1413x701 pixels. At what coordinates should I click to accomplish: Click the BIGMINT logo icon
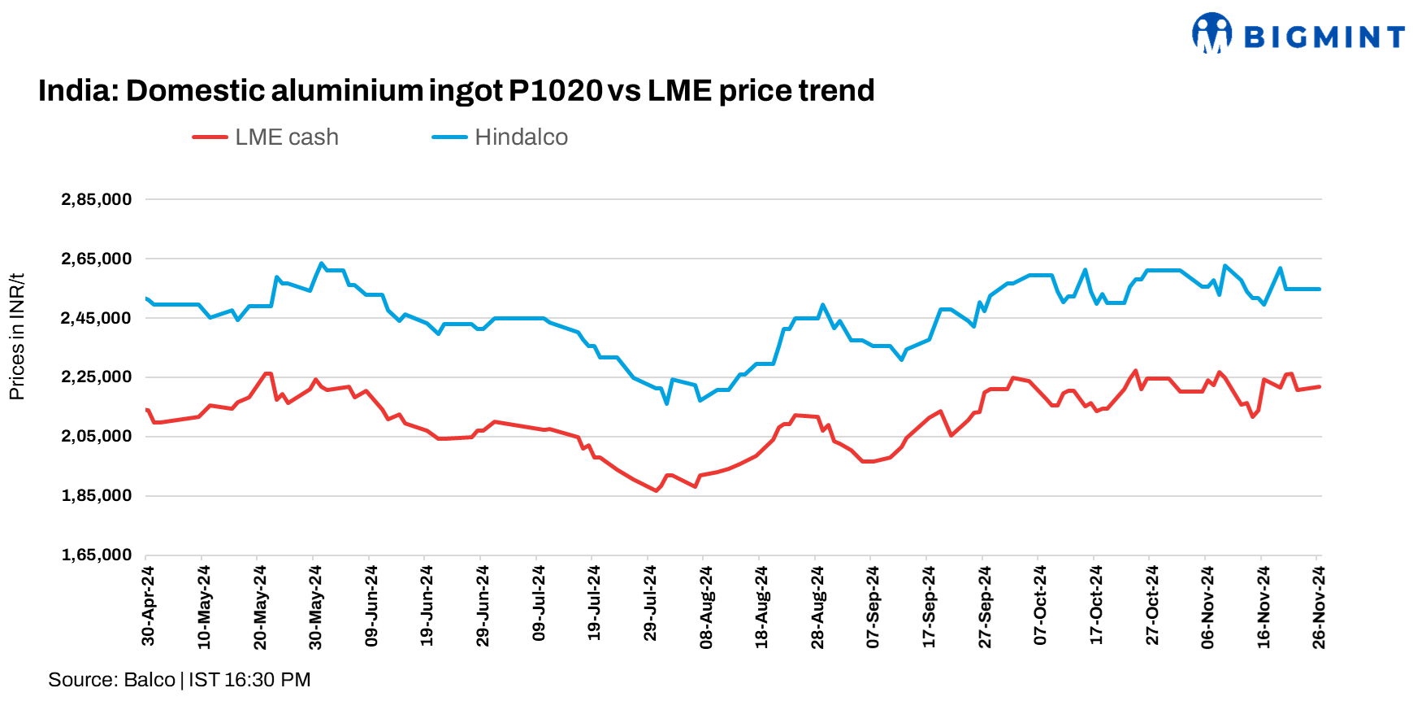click(x=1211, y=33)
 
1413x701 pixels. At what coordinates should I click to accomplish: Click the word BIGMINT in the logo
click(x=1324, y=37)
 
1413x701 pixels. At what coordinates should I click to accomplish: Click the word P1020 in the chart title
click(x=556, y=90)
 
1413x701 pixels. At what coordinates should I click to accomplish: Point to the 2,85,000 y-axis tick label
click(x=96, y=200)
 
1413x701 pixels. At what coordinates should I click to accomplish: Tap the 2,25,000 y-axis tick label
click(x=96, y=377)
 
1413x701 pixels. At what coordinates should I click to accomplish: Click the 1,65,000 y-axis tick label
click(x=96, y=555)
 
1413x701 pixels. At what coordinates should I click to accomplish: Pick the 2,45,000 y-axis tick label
click(x=96, y=319)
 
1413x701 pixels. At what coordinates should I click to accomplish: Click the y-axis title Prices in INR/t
click(x=16, y=337)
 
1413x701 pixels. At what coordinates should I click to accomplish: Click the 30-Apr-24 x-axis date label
click(x=148, y=606)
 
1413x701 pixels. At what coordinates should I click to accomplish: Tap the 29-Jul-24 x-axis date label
click(x=650, y=606)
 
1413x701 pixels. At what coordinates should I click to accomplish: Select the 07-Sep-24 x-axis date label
click(x=873, y=606)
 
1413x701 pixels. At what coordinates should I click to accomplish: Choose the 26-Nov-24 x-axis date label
click(x=1319, y=606)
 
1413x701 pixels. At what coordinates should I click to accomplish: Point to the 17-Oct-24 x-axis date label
click(x=1096, y=606)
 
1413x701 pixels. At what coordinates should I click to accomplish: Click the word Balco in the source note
click(x=150, y=680)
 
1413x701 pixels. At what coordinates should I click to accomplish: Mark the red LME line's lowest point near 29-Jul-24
click(x=657, y=490)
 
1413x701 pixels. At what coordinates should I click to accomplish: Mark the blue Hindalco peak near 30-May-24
click(x=322, y=263)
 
